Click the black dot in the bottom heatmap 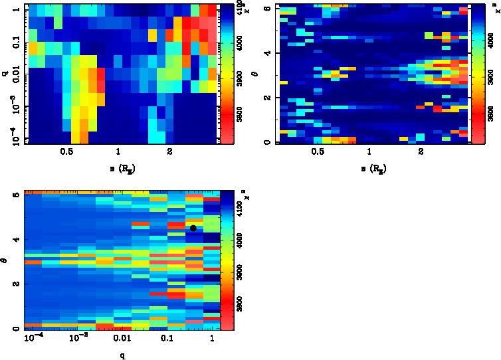193,228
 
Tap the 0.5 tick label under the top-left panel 66,152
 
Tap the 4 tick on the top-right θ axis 266,52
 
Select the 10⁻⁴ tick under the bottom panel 34,338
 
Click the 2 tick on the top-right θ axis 266,98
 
